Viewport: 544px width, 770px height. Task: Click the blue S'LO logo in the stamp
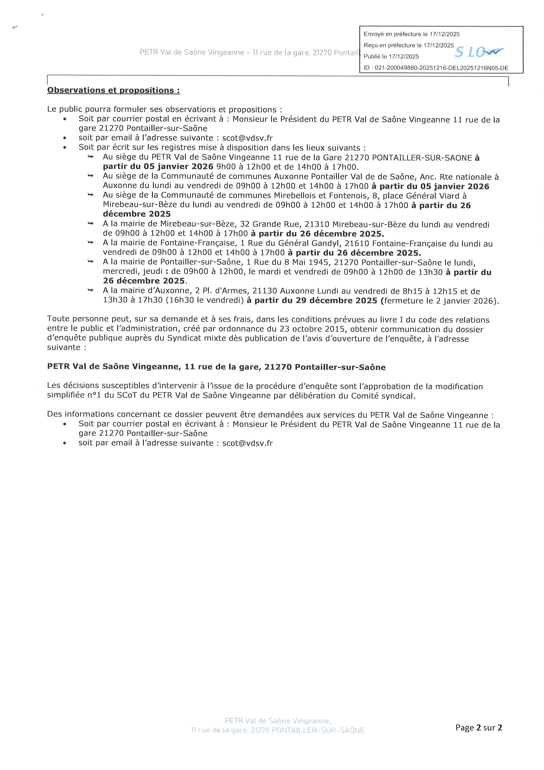[479, 52]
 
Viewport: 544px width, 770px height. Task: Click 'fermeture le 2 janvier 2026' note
[439, 301]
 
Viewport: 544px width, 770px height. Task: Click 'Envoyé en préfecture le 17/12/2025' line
[411, 34]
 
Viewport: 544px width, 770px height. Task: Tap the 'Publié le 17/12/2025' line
[391, 57]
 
